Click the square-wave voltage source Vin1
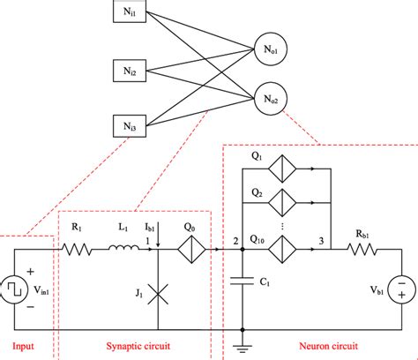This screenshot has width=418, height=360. coord(19,286)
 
